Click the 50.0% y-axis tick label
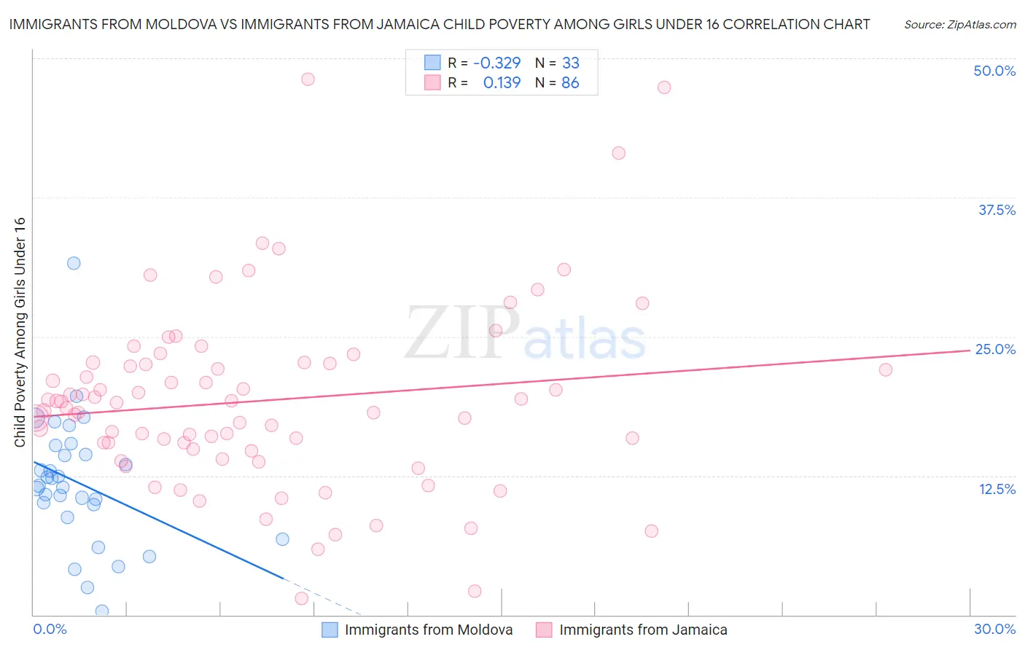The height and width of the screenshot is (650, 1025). coord(994,71)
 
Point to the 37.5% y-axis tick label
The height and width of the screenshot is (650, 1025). coord(997,210)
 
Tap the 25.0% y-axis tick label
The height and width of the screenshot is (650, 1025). coord(995,349)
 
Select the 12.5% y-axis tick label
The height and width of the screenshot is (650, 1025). coord(997,489)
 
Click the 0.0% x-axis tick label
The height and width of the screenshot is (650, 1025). coord(50,629)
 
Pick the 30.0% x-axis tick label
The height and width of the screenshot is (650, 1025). coord(994,629)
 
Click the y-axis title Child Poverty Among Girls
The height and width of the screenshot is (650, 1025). coord(20,332)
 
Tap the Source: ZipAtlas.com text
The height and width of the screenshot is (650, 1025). coord(959,25)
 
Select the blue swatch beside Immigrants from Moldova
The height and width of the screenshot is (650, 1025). coord(330,630)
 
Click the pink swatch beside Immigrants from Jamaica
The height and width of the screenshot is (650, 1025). coord(544,630)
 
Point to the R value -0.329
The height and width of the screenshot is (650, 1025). coord(496,63)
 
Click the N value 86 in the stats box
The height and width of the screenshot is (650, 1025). coord(570,82)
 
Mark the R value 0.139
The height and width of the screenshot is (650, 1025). coord(502,82)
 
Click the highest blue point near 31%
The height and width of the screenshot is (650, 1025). coord(74,263)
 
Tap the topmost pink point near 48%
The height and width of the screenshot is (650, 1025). coord(308,79)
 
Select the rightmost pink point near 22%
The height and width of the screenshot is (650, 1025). coord(885,369)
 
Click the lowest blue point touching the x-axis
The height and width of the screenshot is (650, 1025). coord(102,611)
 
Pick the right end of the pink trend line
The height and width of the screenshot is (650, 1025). coord(970,351)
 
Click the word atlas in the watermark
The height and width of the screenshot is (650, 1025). coord(585,340)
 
